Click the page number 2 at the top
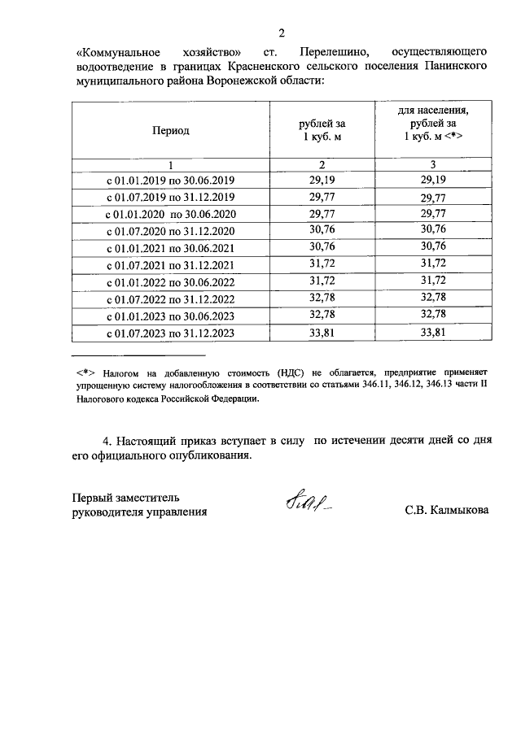[282, 33]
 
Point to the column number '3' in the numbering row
[433, 165]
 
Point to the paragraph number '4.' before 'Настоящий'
[107, 442]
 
